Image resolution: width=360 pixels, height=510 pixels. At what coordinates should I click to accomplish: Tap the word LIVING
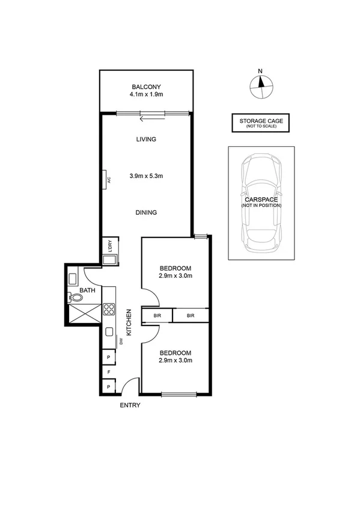[x=146, y=139]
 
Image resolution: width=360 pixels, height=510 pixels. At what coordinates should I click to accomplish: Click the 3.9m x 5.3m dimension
[x=146, y=176]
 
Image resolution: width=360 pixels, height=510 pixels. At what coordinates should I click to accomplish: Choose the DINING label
[x=146, y=212]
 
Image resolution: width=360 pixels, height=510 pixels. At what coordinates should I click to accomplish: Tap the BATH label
[x=88, y=290]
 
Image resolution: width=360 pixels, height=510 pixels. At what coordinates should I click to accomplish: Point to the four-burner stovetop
[x=109, y=310]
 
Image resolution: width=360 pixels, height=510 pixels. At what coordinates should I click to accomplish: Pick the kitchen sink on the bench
[x=109, y=331]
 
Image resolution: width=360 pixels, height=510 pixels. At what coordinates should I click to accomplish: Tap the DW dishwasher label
[x=121, y=342]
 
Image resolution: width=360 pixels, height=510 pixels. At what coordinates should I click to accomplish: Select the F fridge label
[x=109, y=372]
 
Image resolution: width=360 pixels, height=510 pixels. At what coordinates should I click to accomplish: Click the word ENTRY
[x=130, y=405]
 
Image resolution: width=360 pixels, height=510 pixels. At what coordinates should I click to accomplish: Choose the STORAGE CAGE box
[x=261, y=123]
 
